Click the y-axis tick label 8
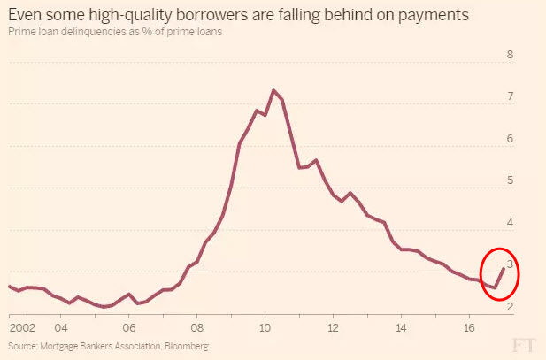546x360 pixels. pyautogui.click(x=510, y=54)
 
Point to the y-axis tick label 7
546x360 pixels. pyautogui.click(x=510, y=96)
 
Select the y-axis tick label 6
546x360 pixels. pyautogui.click(x=510, y=138)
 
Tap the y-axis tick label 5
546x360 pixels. pyautogui.click(x=510, y=180)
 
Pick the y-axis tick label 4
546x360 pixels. pyautogui.click(x=510, y=222)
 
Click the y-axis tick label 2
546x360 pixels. pyautogui.click(x=510, y=306)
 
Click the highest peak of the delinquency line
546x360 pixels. pyautogui.click(x=273, y=90)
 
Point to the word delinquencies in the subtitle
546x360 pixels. pyautogui.click(x=93, y=33)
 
